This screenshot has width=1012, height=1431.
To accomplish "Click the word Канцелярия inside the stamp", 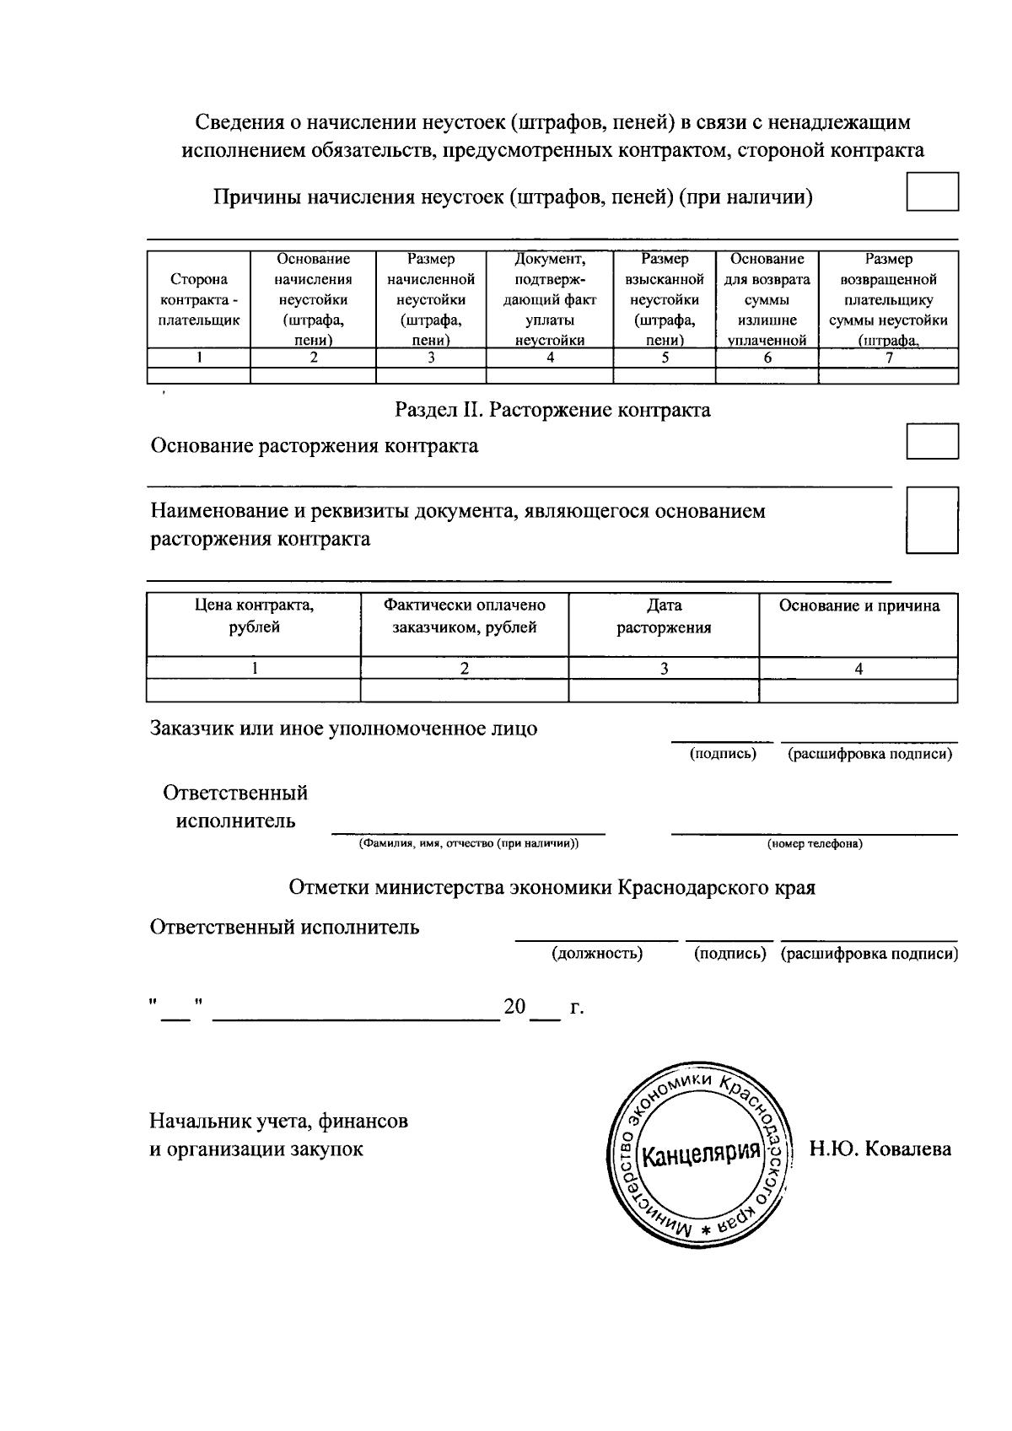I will click(699, 1152).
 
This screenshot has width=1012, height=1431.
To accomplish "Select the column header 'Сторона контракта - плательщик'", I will click(199, 300).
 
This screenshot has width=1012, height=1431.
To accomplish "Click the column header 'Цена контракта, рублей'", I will click(254, 616).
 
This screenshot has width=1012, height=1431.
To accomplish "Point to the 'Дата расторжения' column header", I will click(664, 616).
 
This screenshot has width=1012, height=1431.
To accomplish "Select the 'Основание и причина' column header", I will click(859, 605).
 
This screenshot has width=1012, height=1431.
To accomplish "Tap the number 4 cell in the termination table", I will click(858, 669).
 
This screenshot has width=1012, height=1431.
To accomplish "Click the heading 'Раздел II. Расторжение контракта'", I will click(553, 411).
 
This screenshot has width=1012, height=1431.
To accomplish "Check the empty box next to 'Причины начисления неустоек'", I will click(932, 191).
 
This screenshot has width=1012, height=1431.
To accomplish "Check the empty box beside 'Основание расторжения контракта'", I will click(932, 441).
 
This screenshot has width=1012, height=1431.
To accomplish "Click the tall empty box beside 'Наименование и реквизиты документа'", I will click(932, 519).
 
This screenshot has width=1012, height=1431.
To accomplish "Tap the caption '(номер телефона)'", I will click(814, 844).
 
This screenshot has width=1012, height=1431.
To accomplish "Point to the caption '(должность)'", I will click(597, 954).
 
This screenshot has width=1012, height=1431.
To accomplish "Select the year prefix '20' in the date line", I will click(514, 1007).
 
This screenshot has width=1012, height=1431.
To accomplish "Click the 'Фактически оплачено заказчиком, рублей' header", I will click(464, 616).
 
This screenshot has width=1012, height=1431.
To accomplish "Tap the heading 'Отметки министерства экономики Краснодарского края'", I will click(552, 888).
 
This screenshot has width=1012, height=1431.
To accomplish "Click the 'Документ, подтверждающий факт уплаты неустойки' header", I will click(550, 300).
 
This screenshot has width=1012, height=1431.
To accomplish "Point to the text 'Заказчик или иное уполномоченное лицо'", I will click(343, 729).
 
